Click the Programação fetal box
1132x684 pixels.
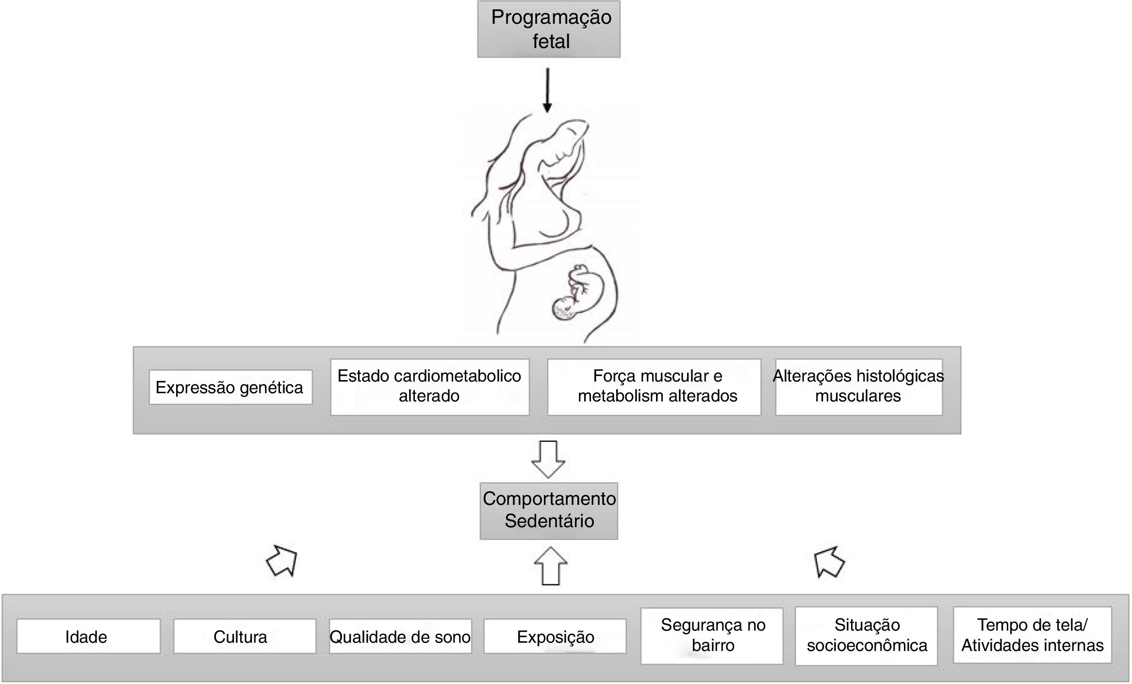[549, 29]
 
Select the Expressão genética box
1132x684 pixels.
[230, 387]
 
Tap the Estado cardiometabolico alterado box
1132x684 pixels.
[429, 386]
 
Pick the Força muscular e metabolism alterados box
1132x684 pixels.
[654, 386]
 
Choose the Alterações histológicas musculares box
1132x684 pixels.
[858, 386]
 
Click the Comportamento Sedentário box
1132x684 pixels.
[549, 510]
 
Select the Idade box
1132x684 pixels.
[88, 636]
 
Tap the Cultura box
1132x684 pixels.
[245, 636]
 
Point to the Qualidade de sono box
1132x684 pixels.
[400, 636]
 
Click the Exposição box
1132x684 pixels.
[555, 636]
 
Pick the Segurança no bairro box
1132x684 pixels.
[712, 635]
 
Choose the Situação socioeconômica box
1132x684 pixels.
[866, 635]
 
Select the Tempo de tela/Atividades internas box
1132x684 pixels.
[1032, 635]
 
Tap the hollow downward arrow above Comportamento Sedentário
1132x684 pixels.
[548, 459]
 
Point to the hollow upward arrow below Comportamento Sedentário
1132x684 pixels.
[550, 566]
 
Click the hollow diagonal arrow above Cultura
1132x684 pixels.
[282, 561]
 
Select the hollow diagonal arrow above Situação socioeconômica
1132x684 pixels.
[829, 562]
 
